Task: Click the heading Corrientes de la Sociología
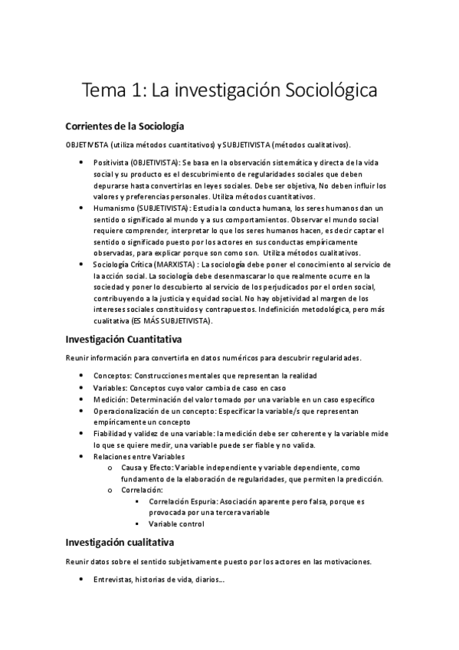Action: click(x=125, y=126)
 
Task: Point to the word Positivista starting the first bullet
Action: click(x=110, y=163)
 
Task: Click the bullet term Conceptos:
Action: click(x=113, y=375)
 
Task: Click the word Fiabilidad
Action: click(x=112, y=434)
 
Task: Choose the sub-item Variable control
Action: click(x=176, y=524)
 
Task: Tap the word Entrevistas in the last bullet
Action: click(x=112, y=579)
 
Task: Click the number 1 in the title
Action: click(x=137, y=90)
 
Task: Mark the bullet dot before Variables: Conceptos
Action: click(x=82, y=388)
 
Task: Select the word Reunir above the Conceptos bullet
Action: click(x=78, y=357)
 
